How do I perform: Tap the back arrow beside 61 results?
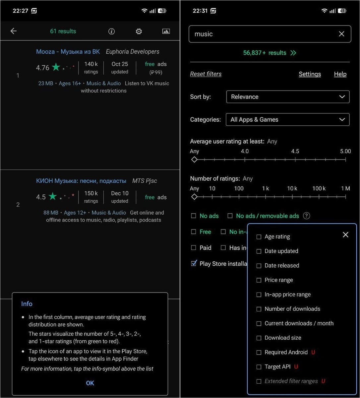pyautogui.click(x=14, y=31)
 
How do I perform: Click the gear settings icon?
pyautogui.click(x=139, y=32)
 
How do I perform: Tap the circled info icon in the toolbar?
pyautogui.click(x=111, y=32)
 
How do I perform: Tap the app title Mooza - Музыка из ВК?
pyautogui.click(x=68, y=52)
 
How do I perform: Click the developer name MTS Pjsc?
pyautogui.click(x=145, y=181)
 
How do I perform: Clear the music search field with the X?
pyautogui.click(x=341, y=34)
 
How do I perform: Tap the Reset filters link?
pyautogui.click(x=206, y=74)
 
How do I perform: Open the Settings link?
pyautogui.click(x=310, y=74)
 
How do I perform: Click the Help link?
pyautogui.click(x=340, y=74)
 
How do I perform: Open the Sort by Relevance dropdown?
pyautogui.click(x=288, y=97)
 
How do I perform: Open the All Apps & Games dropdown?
pyautogui.click(x=288, y=120)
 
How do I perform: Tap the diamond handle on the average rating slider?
pyautogui.click(x=194, y=160)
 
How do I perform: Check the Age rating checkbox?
pyautogui.click(x=259, y=237)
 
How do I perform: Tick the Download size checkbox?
pyautogui.click(x=259, y=338)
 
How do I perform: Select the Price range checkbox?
pyautogui.click(x=259, y=280)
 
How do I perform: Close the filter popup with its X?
pyautogui.click(x=345, y=235)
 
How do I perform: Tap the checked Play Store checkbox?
pyautogui.click(x=194, y=263)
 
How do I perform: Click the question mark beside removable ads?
pyautogui.click(x=306, y=216)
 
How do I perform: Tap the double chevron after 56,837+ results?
pyautogui.click(x=293, y=53)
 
